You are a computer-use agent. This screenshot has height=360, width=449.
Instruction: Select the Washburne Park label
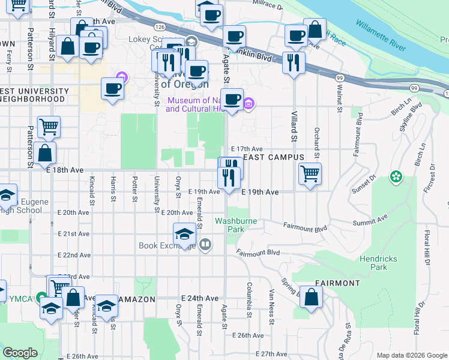tap(237, 225)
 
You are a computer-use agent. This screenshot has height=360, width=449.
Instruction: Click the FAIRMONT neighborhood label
tap(337, 283)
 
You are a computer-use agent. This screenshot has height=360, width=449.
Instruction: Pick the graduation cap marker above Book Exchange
tap(185, 234)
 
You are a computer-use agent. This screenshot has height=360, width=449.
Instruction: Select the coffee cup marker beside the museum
tap(232, 100)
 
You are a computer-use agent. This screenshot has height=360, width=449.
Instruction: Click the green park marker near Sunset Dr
tap(396, 177)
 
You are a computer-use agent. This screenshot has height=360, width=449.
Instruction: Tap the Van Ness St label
tap(271, 303)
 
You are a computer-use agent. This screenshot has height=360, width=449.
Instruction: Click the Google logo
tap(20, 353)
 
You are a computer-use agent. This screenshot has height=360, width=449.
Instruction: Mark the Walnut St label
tap(340, 98)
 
